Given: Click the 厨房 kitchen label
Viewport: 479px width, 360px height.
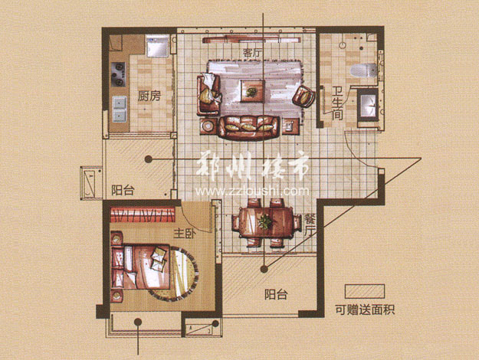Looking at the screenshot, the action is pyautogui.click(x=149, y=97).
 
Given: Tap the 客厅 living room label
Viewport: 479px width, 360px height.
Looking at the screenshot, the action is pyautogui.click(x=253, y=53).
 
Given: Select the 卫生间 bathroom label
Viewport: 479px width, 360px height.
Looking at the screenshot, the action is pyautogui.click(x=337, y=103).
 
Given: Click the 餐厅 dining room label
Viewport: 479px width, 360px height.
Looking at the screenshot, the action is pyautogui.click(x=308, y=225).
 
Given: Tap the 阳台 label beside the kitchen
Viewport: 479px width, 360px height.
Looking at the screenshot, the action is pyautogui.click(x=123, y=190).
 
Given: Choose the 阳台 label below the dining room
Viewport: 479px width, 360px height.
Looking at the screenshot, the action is pyautogui.click(x=276, y=295).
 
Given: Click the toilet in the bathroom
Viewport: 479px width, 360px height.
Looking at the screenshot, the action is pyautogui.click(x=364, y=70).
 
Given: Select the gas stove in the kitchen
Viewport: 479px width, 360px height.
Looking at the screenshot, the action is pyautogui.click(x=118, y=74).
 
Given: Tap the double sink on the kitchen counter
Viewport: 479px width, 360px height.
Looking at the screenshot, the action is pyautogui.click(x=119, y=109).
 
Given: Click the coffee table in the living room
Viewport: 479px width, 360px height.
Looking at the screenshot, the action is pyautogui.click(x=252, y=90).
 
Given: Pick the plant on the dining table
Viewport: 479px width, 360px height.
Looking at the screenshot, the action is pyautogui.click(x=264, y=221).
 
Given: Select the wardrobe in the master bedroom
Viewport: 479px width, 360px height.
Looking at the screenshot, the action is pyautogui.click(x=143, y=214).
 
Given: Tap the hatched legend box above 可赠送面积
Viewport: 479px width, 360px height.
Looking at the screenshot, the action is pyautogui.click(x=365, y=291).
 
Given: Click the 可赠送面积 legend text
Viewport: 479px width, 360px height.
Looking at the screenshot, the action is pyautogui.click(x=365, y=310).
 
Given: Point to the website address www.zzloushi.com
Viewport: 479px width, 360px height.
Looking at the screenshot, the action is pyautogui.click(x=252, y=191).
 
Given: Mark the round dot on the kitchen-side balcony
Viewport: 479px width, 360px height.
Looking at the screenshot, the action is pyautogui.click(x=149, y=159).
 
